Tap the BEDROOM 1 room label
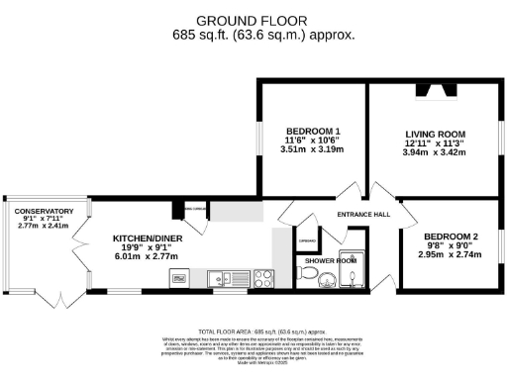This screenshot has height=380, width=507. click(313, 132)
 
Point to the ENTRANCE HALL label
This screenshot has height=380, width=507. click(362, 215)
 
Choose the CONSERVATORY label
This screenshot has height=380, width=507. click(44, 211)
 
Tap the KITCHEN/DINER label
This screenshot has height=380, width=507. click(144, 238)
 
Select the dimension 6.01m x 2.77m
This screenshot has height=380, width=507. click(145, 256)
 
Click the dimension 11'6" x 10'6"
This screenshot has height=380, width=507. click(313, 142)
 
